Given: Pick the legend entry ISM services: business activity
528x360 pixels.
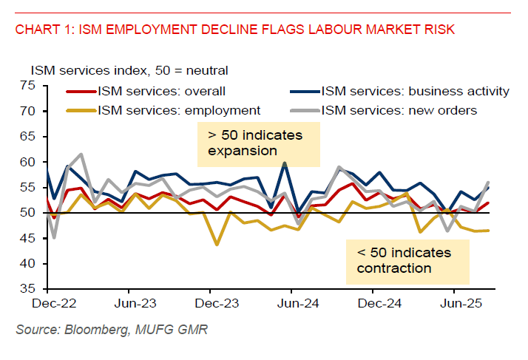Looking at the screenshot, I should point(415,92).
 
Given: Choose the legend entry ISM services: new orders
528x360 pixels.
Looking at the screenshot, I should point(399,110).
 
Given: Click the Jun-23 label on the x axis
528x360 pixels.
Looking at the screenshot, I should point(136,303).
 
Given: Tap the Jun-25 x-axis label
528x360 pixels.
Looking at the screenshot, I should point(457,303).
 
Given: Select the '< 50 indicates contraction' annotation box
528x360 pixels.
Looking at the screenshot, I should point(407,259).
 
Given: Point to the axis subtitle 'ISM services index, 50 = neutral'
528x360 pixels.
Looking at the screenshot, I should point(129,71).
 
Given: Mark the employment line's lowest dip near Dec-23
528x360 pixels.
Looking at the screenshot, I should point(217,245).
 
